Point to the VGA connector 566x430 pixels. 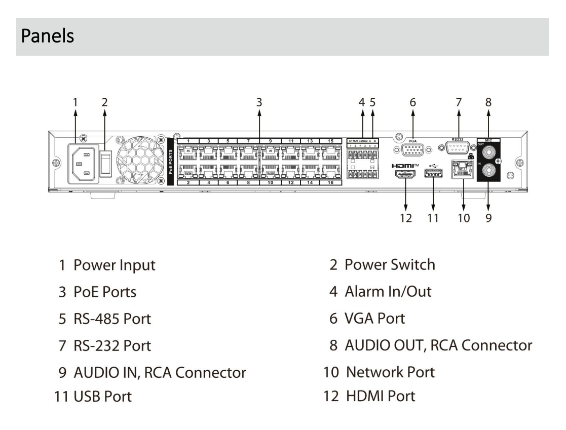(x=412, y=151)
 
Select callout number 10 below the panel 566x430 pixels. (x=463, y=218)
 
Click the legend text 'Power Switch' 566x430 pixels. (x=389, y=264)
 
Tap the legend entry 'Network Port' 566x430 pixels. (x=390, y=372)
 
